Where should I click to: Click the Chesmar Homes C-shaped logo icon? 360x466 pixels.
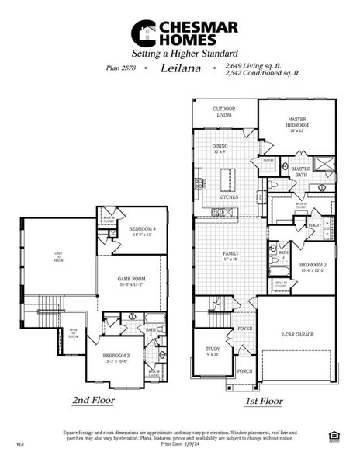click(140, 32)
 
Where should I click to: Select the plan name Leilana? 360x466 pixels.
click(180, 68)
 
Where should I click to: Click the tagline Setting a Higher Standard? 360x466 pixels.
click(181, 54)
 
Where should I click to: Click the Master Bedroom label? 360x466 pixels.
click(298, 123)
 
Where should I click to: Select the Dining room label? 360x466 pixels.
click(220, 148)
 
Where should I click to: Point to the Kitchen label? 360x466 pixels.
click(228, 197)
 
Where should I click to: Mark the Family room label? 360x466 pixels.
click(230, 255)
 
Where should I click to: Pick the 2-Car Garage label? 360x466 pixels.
click(297, 335)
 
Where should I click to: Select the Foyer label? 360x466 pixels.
click(244, 329)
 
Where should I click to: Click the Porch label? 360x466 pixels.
click(244, 372)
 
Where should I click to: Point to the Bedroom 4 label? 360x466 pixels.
click(142, 230)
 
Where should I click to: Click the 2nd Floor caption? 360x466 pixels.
click(94, 402)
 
